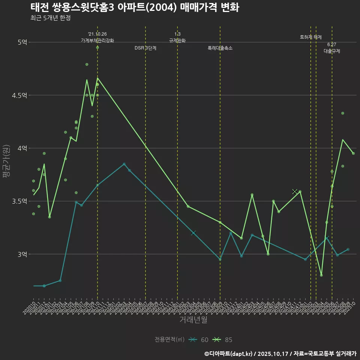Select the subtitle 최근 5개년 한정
[x=51, y=18]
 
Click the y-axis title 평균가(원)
[x=6, y=161]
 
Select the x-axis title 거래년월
[x=193, y=320]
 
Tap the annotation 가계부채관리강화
[x=97, y=40]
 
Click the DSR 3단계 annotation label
[x=145, y=48]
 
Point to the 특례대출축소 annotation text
[x=220, y=48]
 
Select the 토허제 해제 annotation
[x=311, y=37]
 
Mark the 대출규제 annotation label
[x=332, y=51]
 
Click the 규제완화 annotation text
[x=177, y=40]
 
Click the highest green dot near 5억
[x=97, y=48]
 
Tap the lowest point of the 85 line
[x=321, y=275]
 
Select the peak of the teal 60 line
[x=124, y=164]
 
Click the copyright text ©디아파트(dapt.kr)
[x=229, y=353]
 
